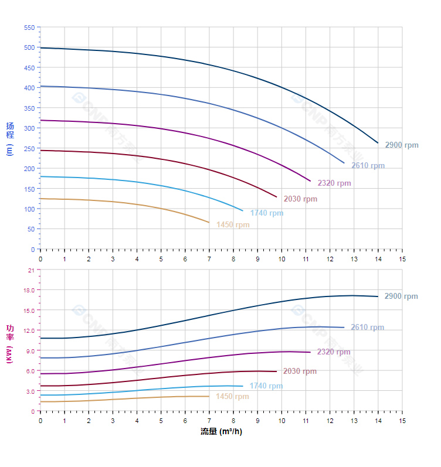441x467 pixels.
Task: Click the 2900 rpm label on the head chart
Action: [x=402, y=145]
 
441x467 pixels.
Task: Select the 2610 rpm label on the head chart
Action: [x=368, y=166]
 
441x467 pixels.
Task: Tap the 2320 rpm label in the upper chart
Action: [x=334, y=183]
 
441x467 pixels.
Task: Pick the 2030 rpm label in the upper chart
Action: [x=300, y=199]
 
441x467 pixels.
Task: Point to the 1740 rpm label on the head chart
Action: [x=266, y=213]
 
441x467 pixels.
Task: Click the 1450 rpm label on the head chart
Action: [x=233, y=225]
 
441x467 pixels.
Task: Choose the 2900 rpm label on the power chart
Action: [x=401, y=296]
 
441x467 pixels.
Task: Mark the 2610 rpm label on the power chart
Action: [x=367, y=328]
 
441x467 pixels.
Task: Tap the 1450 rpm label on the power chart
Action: [x=232, y=397]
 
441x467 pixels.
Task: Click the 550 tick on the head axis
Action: [x=29, y=28]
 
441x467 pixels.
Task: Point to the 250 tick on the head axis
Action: [x=29, y=149]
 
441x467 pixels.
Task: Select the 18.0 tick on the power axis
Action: [x=29, y=290]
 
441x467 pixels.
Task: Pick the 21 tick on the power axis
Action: [x=31, y=270]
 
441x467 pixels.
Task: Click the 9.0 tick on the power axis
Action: [x=29, y=350]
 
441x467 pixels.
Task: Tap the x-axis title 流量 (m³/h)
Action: [x=221, y=432]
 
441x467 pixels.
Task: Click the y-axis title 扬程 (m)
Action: [x=10, y=138]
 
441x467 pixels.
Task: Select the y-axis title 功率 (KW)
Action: [x=10, y=343]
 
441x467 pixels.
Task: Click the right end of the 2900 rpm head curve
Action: [x=378, y=143]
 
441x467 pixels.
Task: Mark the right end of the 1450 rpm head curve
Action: [x=209, y=223]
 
